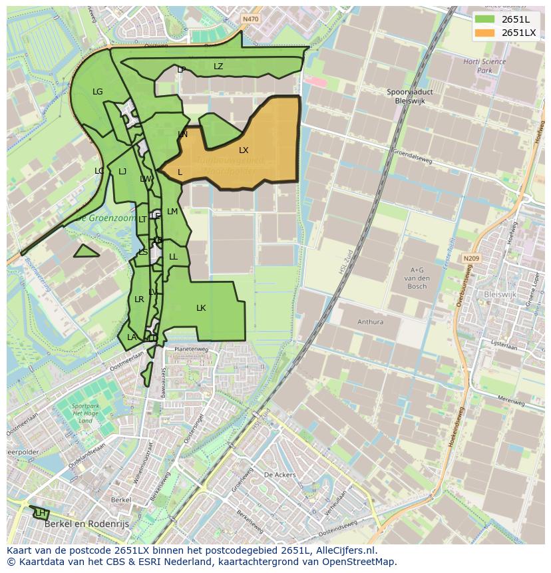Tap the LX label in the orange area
(x=244, y=150)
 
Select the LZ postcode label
(x=218, y=67)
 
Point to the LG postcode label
(x=98, y=92)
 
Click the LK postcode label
(x=201, y=308)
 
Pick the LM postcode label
(x=172, y=212)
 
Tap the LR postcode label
(x=139, y=299)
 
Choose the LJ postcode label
(x=122, y=172)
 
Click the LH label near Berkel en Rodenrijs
(x=41, y=512)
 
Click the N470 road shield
(x=250, y=19)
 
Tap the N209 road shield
(x=471, y=258)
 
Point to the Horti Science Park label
(x=484, y=66)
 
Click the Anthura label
(x=370, y=322)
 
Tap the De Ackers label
(x=279, y=475)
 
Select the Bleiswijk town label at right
(x=500, y=293)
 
